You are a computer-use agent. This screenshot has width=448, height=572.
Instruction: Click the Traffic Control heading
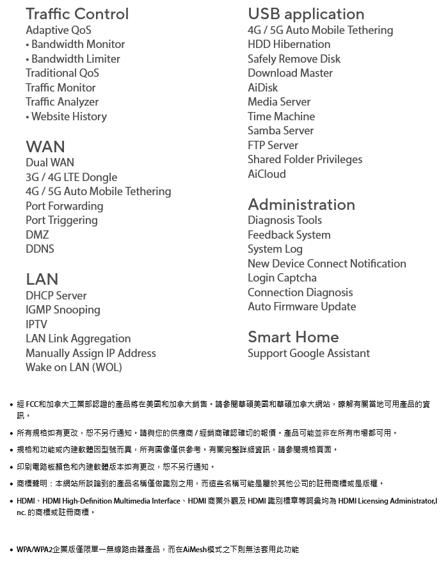click(77, 14)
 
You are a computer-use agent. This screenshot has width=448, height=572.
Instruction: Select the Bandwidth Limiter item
click(75, 59)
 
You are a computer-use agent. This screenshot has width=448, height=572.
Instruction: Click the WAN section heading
click(45, 147)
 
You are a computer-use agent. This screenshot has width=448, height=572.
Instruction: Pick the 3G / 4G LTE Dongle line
click(71, 177)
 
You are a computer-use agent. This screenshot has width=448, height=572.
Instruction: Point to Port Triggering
click(61, 220)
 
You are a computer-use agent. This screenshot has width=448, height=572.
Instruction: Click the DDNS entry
click(40, 249)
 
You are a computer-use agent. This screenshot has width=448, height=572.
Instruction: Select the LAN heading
click(42, 279)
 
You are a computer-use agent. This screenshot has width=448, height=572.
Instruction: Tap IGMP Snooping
click(63, 310)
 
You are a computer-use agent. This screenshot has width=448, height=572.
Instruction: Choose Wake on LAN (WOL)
click(74, 367)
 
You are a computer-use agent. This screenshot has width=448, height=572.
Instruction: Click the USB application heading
click(306, 14)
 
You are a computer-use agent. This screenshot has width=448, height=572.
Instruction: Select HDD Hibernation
click(289, 44)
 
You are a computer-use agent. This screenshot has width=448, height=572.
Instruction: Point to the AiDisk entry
click(262, 88)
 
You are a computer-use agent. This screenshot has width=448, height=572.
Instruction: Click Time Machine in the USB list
click(281, 116)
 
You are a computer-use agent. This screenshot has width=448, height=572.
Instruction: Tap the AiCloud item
click(266, 174)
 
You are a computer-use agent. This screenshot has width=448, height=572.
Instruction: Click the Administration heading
click(301, 205)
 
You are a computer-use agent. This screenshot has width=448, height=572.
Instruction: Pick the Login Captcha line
click(282, 278)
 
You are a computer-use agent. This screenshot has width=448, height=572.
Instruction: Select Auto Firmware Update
click(301, 306)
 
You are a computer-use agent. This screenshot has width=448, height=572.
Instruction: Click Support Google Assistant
click(308, 353)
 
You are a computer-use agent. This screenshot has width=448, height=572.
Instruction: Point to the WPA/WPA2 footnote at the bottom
click(157, 550)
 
